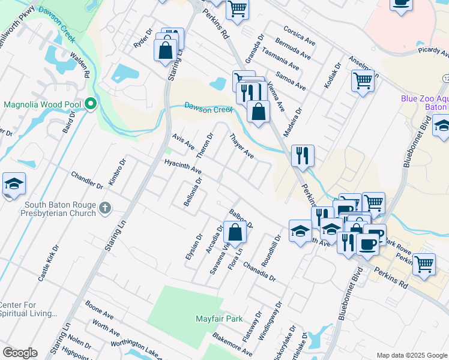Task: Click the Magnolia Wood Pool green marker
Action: [91, 104]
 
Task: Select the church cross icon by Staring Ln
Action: [105, 208]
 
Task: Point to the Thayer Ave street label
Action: [241, 147]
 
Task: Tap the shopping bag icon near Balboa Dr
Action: [236, 232]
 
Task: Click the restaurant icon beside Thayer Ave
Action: [303, 155]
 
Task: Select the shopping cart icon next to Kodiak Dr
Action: [363, 80]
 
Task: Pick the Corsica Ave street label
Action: [299, 34]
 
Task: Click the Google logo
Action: [20, 353]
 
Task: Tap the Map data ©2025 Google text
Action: [411, 355]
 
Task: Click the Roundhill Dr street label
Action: [277, 246]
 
